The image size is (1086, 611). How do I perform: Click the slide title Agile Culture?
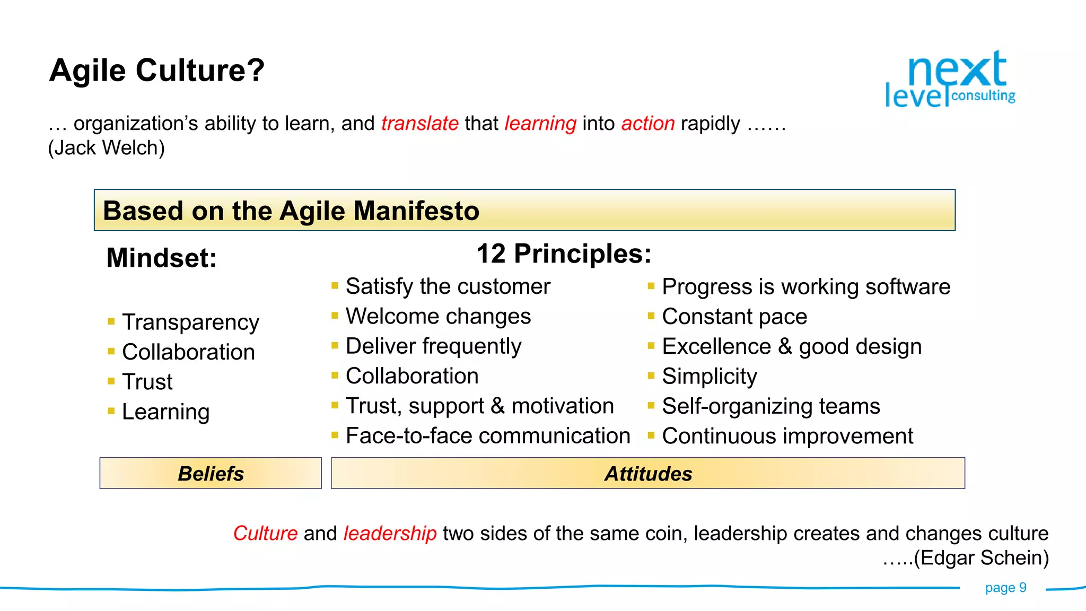156,71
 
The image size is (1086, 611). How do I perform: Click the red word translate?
419,124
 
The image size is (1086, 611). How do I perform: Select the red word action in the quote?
647,124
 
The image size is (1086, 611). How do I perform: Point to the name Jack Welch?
107,148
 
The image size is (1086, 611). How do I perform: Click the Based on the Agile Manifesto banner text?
291,211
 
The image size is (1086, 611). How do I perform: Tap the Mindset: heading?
161,258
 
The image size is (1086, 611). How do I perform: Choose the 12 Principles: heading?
563,254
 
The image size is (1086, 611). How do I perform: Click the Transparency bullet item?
190,322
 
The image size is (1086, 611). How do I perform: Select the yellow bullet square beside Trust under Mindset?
111,381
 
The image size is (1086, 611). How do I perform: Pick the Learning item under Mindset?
165,412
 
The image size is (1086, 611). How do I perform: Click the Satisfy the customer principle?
448,286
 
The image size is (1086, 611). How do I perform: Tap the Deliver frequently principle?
433,346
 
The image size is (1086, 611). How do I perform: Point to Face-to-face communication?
487,436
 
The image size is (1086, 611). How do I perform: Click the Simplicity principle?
709,376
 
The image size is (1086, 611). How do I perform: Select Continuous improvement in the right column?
787,436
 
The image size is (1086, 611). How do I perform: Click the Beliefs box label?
211,474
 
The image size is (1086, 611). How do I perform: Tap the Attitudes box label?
648,474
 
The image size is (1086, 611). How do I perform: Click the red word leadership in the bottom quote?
390,533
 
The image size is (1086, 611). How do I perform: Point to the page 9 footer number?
1005,588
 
